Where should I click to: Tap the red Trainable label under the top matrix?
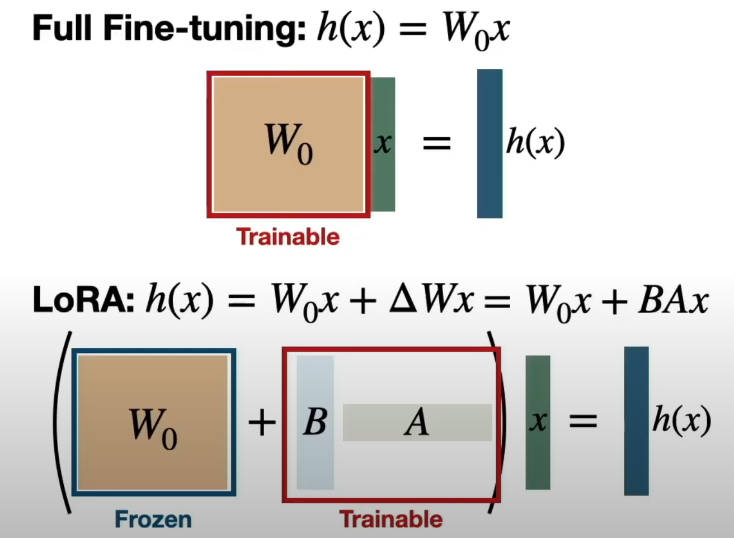(288, 237)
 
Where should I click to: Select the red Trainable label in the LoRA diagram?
(391, 520)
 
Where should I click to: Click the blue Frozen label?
(153, 520)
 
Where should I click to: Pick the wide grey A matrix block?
(417, 422)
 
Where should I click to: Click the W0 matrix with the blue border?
(153, 423)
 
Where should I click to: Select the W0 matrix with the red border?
(289, 144)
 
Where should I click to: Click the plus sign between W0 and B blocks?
(262, 422)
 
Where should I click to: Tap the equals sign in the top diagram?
(436, 144)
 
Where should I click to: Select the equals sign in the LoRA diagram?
(583, 421)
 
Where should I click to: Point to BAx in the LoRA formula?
(673, 301)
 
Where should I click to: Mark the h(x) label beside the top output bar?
(535, 143)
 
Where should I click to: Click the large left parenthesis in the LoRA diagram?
(62, 422)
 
